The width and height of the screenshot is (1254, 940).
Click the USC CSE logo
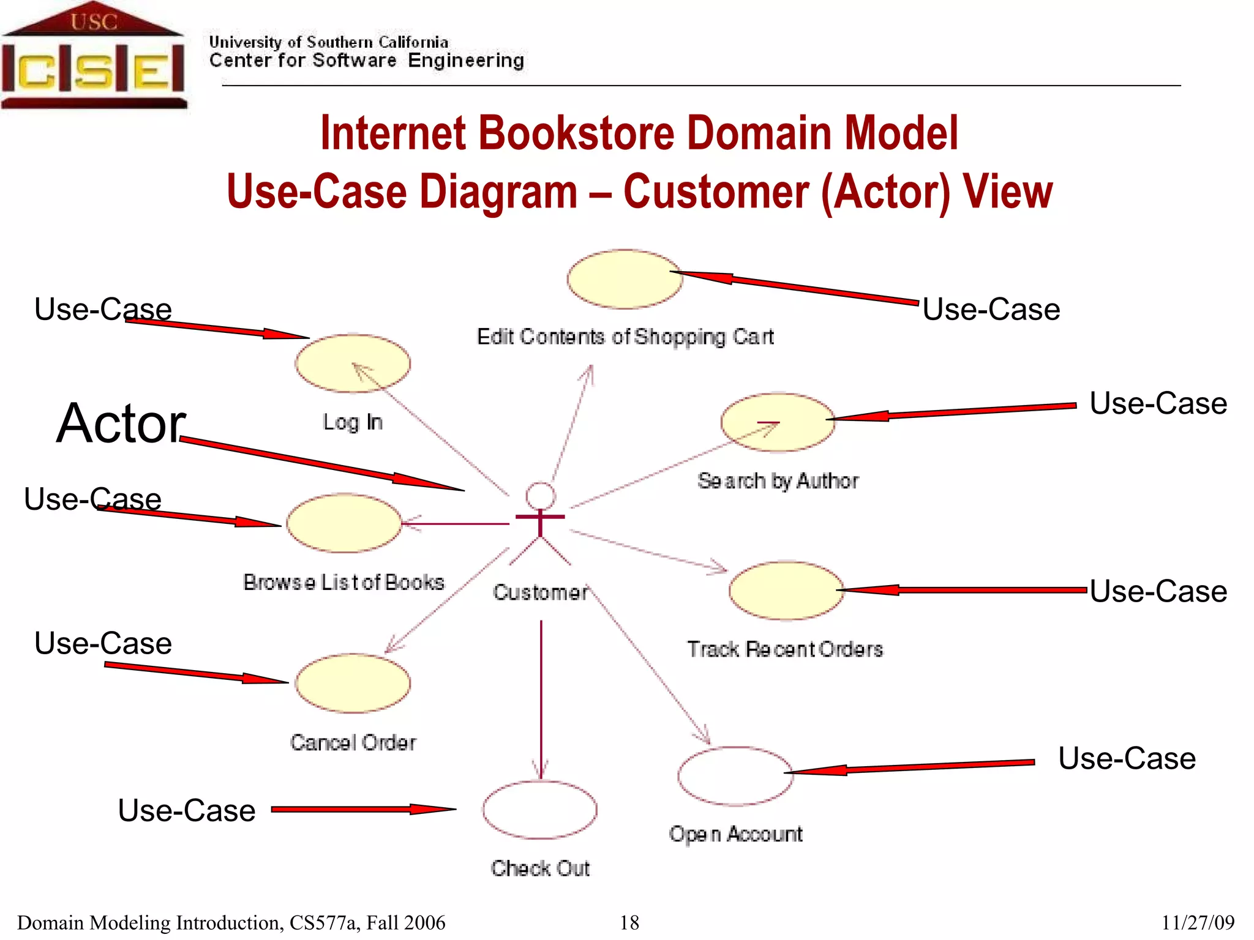[x=93, y=56]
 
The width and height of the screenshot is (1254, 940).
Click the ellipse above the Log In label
[x=352, y=364]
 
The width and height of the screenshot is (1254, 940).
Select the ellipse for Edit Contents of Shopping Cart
[x=624, y=279]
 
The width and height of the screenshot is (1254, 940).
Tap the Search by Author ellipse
[x=778, y=422]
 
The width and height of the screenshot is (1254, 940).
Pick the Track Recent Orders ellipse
[x=786, y=591]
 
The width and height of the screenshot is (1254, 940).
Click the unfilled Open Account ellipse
[x=735, y=776]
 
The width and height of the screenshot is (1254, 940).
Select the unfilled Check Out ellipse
[x=539, y=810]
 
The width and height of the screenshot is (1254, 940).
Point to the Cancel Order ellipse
[x=352, y=684]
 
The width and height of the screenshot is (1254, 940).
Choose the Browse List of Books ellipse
[x=344, y=524]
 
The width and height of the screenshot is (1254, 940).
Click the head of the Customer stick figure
[x=541, y=496]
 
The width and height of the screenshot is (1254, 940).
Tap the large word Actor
[x=121, y=423]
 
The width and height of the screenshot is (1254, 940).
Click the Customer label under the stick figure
[x=540, y=592]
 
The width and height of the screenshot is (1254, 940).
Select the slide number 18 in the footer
[x=629, y=922]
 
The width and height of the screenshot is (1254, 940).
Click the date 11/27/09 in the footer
[x=1198, y=922]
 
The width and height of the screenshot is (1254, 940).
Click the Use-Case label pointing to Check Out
[x=186, y=810]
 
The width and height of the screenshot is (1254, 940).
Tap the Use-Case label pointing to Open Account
[x=1127, y=758]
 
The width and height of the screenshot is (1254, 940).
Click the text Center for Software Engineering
[x=366, y=61]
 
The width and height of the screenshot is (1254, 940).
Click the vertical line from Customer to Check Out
[x=541, y=698]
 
